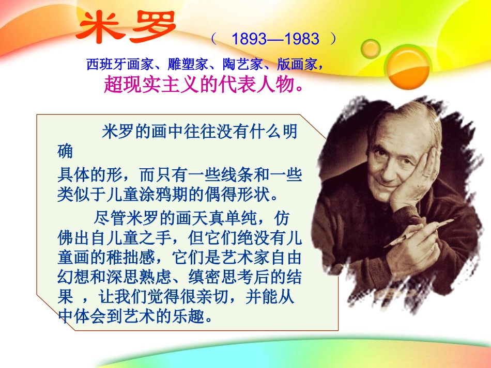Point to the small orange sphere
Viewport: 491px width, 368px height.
click(x=370, y=49)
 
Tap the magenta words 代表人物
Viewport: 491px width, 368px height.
click(x=257, y=84)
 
